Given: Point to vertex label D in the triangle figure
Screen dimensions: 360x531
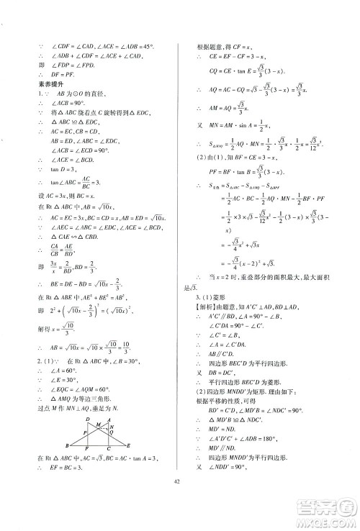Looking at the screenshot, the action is [88, 419].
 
